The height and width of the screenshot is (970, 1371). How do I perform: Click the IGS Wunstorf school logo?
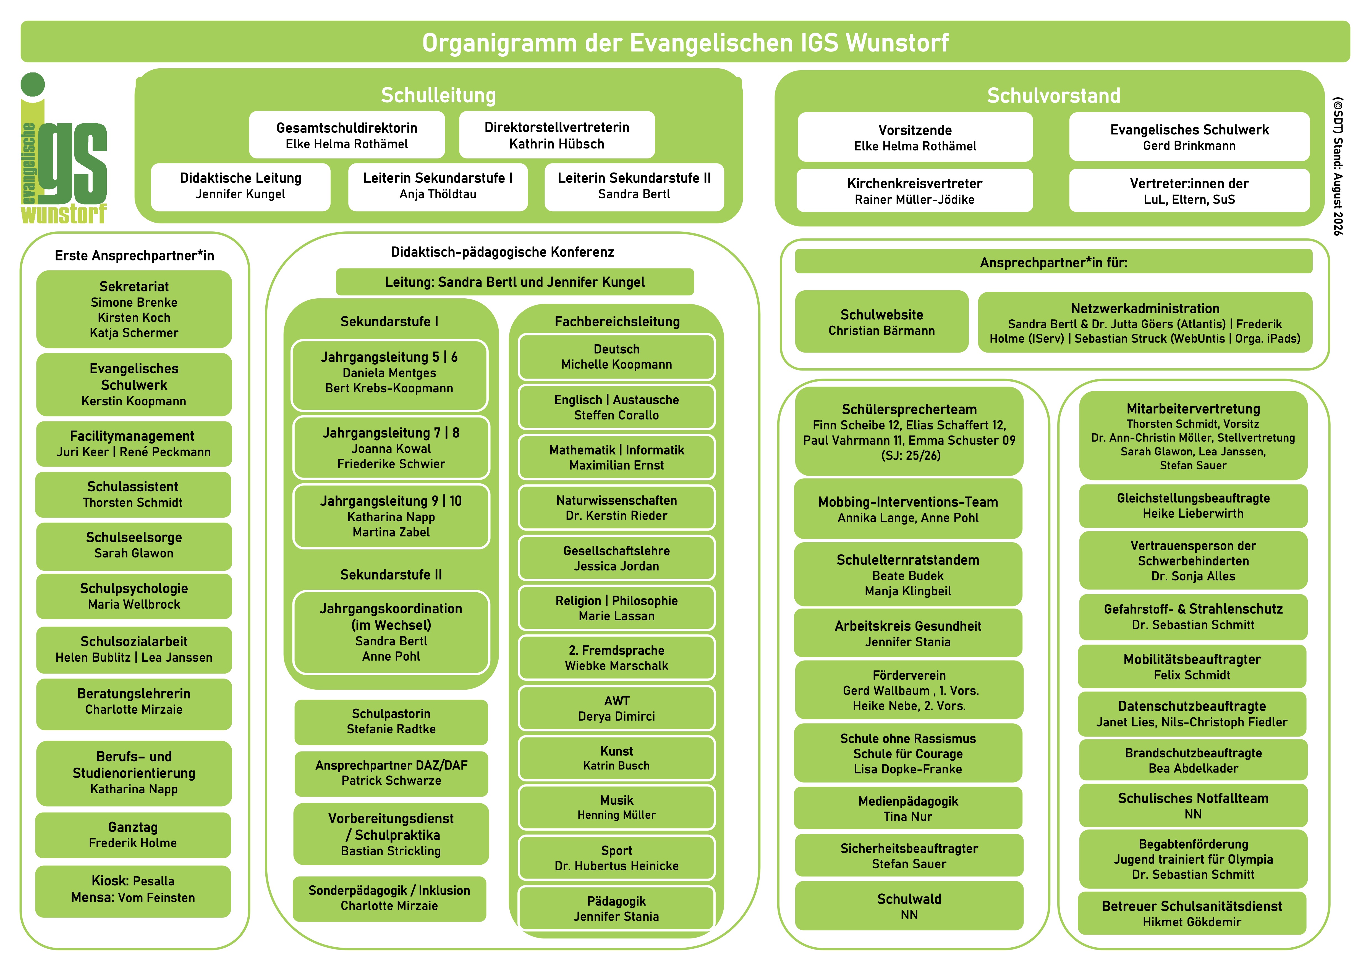[64, 148]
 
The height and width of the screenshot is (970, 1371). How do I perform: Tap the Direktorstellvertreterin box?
[556, 135]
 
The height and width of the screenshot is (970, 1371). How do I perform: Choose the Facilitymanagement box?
[134, 444]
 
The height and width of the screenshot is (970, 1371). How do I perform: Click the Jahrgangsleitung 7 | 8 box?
[391, 448]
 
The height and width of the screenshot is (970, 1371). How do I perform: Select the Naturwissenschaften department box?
[616, 508]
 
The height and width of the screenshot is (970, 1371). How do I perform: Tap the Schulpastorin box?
[391, 721]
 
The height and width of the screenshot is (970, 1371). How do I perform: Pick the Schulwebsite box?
[881, 322]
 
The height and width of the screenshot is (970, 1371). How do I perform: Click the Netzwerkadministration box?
[1145, 322]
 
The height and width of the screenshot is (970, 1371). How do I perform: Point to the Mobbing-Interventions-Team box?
[908, 509]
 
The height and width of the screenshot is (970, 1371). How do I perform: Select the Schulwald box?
[909, 906]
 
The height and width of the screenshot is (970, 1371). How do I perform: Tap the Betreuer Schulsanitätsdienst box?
[1192, 913]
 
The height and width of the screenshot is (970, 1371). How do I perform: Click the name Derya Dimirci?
[616, 716]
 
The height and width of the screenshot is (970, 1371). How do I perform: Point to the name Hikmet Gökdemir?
[1192, 922]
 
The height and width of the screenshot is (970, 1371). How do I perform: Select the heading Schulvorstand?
[1053, 96]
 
